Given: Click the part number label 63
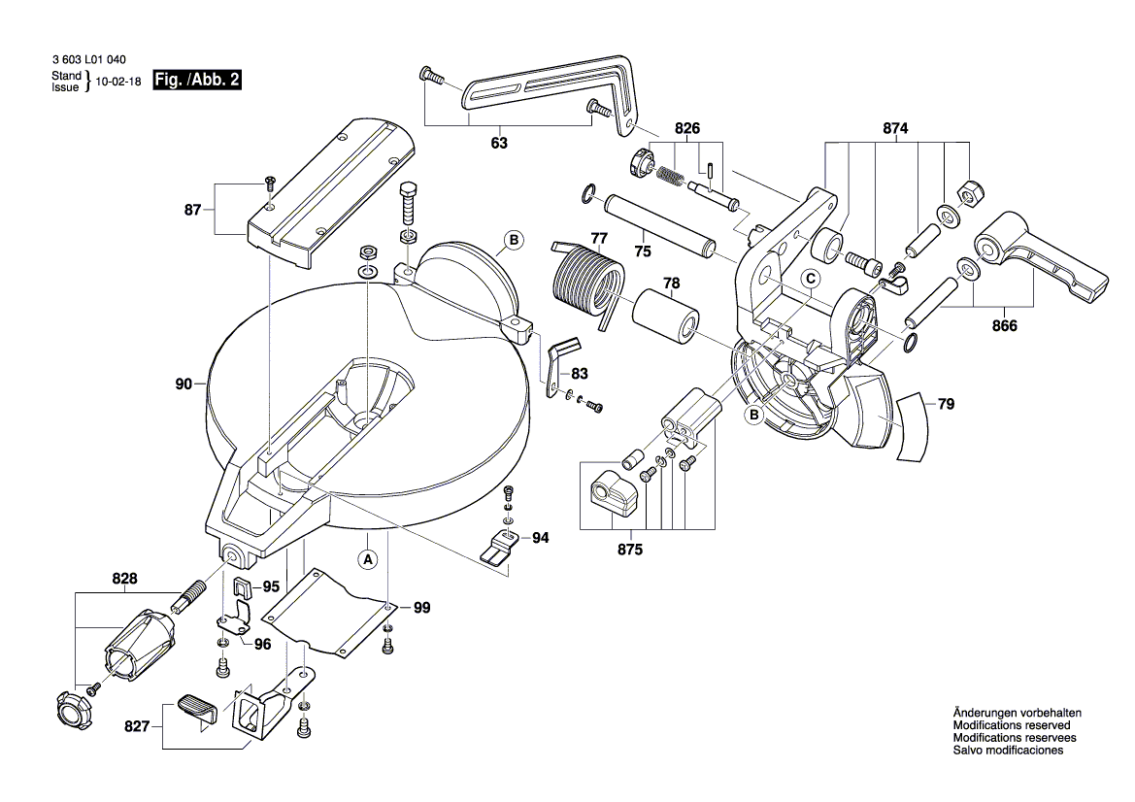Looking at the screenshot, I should [x=498, y=144].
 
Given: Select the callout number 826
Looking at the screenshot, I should [x=687, y=128].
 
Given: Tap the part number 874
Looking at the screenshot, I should [x=895, y=128].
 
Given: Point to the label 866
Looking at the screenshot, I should [x=1004, y=326].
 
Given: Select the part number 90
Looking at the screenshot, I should [x=184, y=384].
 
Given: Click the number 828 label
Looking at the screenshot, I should [x=124, y=579].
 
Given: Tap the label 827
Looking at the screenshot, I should [x=137, y=725].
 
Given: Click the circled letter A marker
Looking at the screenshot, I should [x=367, y=559].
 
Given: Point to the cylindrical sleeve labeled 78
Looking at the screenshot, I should [x=668, y=317].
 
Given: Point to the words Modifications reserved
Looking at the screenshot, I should [x=1012, y=725].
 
